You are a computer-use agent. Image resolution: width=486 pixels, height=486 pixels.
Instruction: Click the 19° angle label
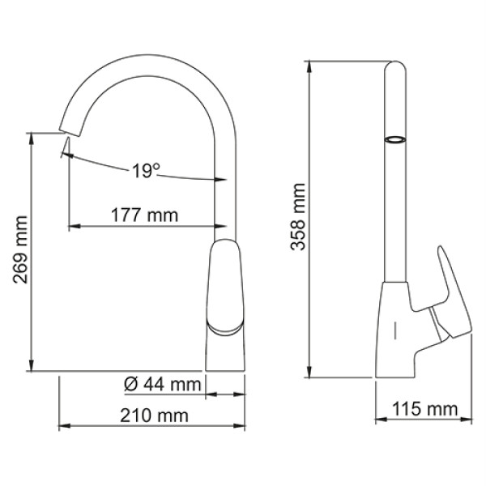146,170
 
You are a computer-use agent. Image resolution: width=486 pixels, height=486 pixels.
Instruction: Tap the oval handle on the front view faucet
227,288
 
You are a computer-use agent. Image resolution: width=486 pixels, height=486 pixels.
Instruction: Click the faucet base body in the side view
397,340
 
